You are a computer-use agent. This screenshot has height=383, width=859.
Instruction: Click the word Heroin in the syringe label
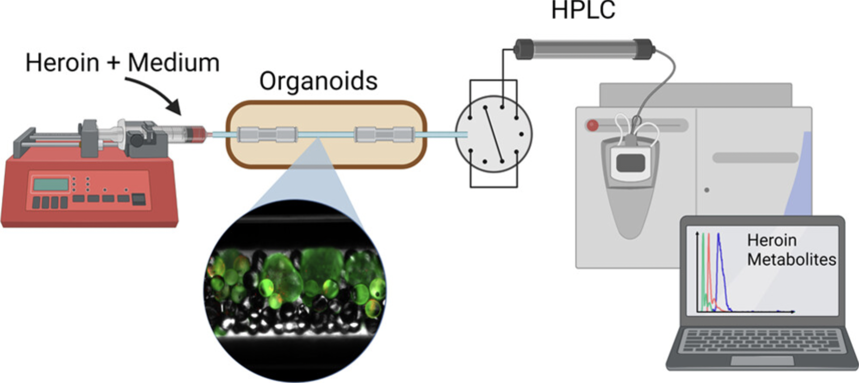click(x=62, y=63)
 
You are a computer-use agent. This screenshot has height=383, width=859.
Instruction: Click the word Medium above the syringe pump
click(x=174, y=63)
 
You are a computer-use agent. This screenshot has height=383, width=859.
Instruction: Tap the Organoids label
click(x=319, y=82)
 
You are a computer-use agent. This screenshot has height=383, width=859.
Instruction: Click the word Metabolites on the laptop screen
click(x=791, y=259)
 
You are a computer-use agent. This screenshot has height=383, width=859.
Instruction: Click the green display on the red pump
click(x=51, y=184)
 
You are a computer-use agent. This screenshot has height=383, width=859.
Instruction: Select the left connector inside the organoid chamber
click(x=267, y=134)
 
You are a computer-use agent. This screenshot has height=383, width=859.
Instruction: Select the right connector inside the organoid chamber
click(x=384, y=134)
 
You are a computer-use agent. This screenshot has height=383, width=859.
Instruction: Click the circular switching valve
click(x=493, y=134)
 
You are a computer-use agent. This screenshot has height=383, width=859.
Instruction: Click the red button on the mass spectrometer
click(x=592, y=125)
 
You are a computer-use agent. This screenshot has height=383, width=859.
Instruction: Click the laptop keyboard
click(x=761, y=341)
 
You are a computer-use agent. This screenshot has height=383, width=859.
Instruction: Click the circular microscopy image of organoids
click(x=295, y=291)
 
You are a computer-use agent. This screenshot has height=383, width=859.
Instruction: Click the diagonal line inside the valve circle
click(x=493, y=134)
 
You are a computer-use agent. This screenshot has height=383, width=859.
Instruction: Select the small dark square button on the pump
click(x=139, y=199)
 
